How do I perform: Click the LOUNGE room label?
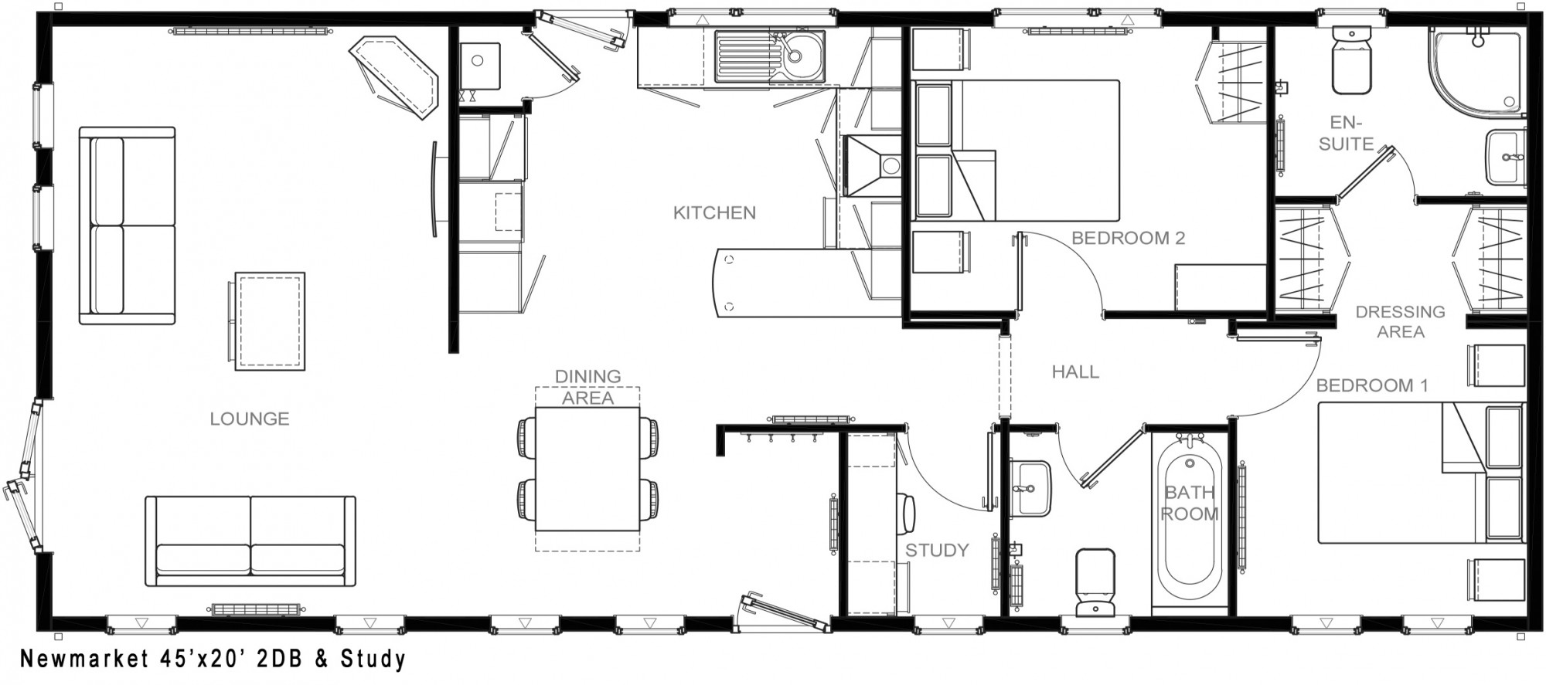pyautogui.click(x=250, y=419)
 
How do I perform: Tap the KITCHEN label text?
pyautogui.click(x=714, y=212)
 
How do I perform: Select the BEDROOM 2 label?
pyautogui.click(x=1128, y=238)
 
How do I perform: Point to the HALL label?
pyautogui.click(x=1075, y=371)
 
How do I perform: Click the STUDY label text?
pyautogui.click(x=937, y=550)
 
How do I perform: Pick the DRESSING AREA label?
pyautogui.click(x=1400, y=321)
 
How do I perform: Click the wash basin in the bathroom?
pyautogui.click(x=1030, y=488)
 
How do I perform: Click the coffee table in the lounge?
pyautogui.click(x=270, y=321)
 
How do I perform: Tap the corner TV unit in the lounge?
pyautogui.click(x=394, y=77)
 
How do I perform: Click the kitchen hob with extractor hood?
pyautogui.click(x=873, y=166)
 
